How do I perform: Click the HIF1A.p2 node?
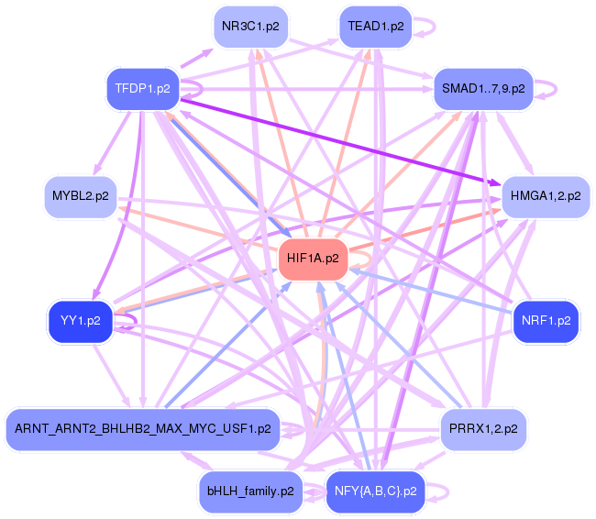313,259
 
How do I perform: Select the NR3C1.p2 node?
250,26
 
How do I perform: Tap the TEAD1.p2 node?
375,26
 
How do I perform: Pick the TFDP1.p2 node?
142,89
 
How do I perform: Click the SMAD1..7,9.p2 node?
483,89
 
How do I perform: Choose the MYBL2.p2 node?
80,196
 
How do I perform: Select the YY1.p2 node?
80,321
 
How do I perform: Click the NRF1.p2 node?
546,321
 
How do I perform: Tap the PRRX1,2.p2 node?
483,428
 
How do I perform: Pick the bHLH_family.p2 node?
250,491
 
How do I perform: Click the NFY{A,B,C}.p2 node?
375,491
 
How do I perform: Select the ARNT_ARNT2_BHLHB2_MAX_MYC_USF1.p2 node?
142,428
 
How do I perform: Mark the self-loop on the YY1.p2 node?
134,321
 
